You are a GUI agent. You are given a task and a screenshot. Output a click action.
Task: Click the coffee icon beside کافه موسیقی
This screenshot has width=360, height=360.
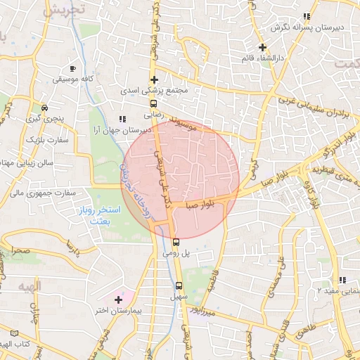[72, 68]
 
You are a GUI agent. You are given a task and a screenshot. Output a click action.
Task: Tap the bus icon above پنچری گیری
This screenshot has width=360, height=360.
[45, 108]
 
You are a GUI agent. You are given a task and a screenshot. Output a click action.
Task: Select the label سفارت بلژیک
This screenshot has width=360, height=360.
[27, 141]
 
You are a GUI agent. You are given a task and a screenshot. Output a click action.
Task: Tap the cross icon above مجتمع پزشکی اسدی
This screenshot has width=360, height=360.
[154, 79]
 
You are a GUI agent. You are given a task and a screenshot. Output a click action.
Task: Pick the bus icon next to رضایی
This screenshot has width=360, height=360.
[154, 103]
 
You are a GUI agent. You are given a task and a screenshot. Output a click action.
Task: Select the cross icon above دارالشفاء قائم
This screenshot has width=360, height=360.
[262, 48]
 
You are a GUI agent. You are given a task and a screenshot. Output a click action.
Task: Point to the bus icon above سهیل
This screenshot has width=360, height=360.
[179, 285]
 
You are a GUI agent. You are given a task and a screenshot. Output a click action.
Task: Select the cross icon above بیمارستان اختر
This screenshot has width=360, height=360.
[118, 300]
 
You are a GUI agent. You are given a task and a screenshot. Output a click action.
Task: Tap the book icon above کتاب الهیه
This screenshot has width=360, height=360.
[14, 333]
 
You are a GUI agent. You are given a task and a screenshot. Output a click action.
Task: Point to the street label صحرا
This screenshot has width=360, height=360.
[20, 250]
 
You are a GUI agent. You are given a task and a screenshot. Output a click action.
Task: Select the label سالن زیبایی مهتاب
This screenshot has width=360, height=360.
[23, 164]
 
